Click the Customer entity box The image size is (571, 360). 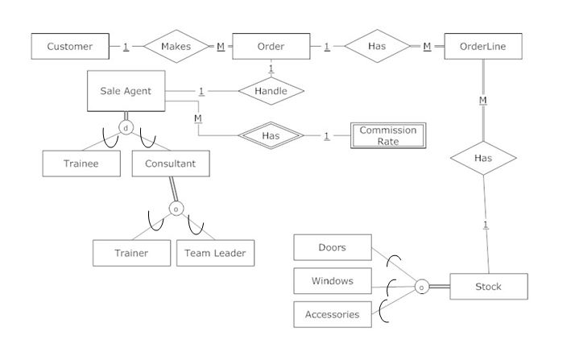coord(70,47)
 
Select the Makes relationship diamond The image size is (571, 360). coord(176,47)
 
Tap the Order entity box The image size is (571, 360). coord(271,47)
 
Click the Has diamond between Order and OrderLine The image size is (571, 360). coord(377,47)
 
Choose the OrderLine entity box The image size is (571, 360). coord(483,47)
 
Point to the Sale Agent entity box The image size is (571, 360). coord(126,91)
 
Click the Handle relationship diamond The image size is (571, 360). coord(271,91)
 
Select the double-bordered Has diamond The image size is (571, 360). coord(271,136)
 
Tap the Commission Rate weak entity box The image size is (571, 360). coord(387,136)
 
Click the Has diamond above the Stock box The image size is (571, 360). coord(483,159)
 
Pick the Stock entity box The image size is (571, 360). coord(488,287)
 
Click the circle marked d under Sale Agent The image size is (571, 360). coord(126,127)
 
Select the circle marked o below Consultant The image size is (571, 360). coord(176,209)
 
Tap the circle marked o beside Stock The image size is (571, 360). coord(420,287)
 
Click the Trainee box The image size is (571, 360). coord(81,163)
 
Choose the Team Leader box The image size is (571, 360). coord(215,253)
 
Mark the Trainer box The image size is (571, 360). coord(131,253)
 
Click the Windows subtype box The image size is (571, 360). coord(333,281)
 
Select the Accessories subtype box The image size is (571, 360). coord(333,315)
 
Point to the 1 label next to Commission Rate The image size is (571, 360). coord(327,136)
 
